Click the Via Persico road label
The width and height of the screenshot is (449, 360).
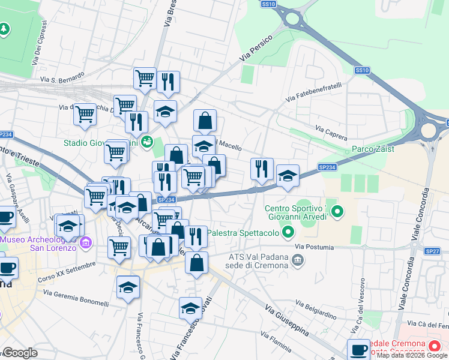(x=256, y=48)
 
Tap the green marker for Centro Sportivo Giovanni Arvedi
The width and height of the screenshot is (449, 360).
(x=337, y=211)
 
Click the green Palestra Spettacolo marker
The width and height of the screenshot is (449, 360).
(x=289, y=232)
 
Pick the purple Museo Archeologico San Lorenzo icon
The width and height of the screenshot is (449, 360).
(x=86, y=243)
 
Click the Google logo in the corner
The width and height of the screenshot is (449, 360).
(x=20, y=353)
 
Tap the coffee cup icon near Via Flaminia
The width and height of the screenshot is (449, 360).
(x=359, y=349)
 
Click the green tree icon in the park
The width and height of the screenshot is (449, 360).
(x=4, y=29)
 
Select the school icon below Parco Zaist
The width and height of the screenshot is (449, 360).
(x=288, y=176)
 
